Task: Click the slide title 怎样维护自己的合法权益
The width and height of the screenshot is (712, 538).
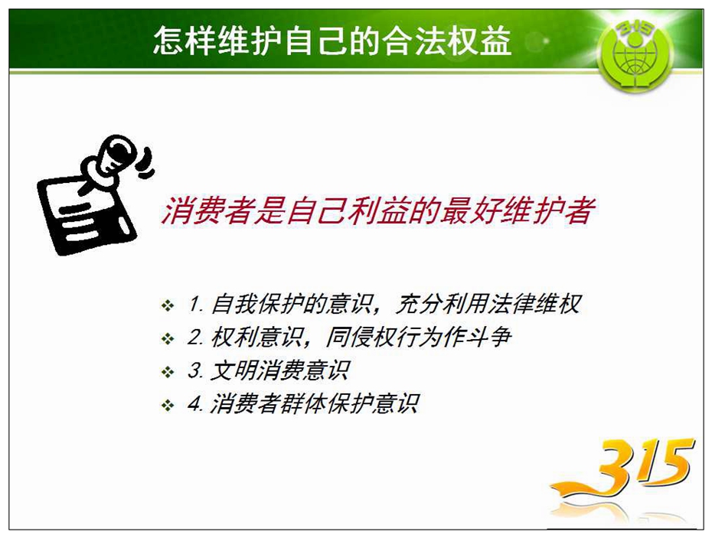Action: pyautogui.click(x=332, y=41)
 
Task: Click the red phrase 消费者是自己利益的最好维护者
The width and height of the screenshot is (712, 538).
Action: pyautogui.click(x=377, y=210)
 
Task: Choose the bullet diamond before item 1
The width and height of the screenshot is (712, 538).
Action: pyautogui.click(x=168, y=305)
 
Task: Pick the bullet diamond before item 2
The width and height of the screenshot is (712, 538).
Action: pyautogui.click(x=168, y=339)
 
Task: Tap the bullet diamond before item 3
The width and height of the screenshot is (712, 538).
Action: pyautogui.click(x=168, y=372)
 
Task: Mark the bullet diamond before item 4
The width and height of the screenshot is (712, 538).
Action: pyautogui.click(x=168, y=405)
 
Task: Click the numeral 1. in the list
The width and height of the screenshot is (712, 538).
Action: pyautogui.click(x=196, y=304)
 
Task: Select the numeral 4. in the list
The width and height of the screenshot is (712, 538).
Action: pyautogui.click(x=195, y=403)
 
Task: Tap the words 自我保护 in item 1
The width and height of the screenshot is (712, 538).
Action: pyautogui.click(x=257, y=304)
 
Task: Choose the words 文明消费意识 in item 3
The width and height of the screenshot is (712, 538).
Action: pyautogui.click(x=279, y=370)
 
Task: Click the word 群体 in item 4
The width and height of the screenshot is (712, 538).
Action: pyautogui.click(x=303, y=403)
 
